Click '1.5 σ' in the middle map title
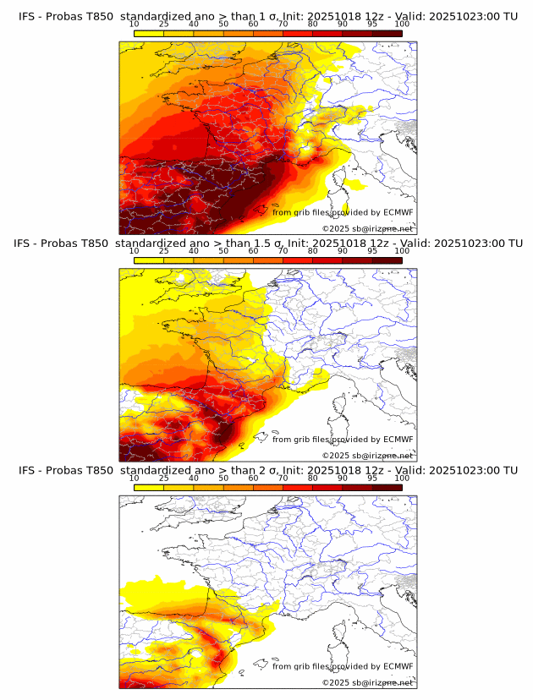pyautogui.click(x=263, y=243)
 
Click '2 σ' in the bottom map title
pyautogui.click(x=260, y=470)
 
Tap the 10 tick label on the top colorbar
pyautogui.click(x=134, y=25)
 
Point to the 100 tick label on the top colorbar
pyautogui.click(x=402, y=25)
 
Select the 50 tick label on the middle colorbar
pyautogui.click(x=223, y=252)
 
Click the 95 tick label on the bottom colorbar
pyautogui.click(x=372, y=479)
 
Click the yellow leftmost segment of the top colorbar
pyautogui.click(x=149, y=34)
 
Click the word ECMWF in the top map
pyautogui.click(x=398, y=212)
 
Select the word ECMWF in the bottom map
pyautogui.click(x=398, y=666)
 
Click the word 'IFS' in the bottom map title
pyautogui.click(x=28, y=470)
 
